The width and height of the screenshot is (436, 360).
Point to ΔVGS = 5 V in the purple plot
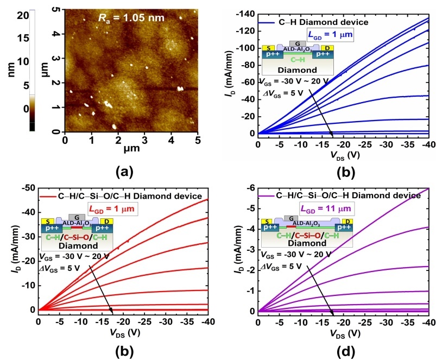click(283, 266)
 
